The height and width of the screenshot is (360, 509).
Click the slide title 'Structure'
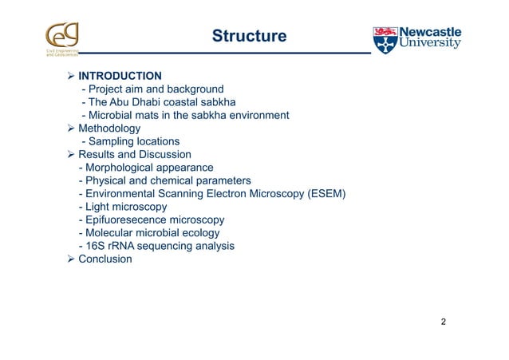coord(248,37)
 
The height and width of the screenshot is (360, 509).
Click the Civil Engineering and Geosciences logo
coord(62,41)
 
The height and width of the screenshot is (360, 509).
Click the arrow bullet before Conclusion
coord(70,259)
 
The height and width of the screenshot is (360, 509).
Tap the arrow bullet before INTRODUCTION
coord(70,76)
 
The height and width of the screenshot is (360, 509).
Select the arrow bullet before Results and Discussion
coord(70,154)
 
